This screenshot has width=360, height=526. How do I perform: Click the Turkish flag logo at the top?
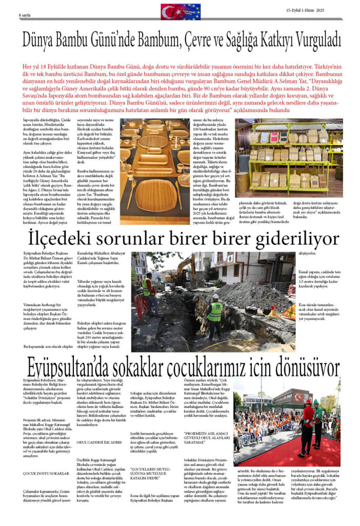point(180,11)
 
